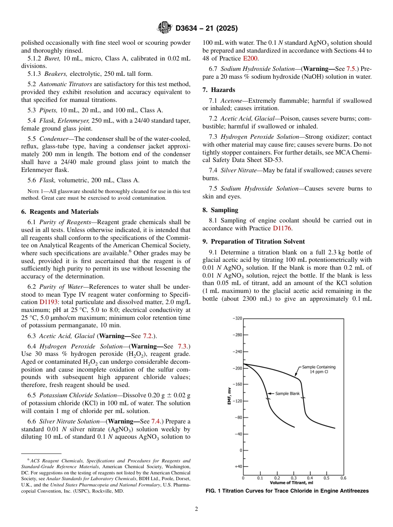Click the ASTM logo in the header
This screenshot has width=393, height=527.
click(x=165, y=28)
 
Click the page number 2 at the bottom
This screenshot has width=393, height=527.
click(x=196, y=509)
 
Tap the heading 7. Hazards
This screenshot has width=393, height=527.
click(x=219, y=90)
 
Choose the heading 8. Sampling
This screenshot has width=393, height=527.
click(x=220, y=210)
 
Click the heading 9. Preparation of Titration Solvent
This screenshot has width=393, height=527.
click(x=254, y=241)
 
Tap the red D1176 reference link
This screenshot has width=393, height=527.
click(x=281, y=228)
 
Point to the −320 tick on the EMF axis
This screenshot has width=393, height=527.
click(x=236, y=319)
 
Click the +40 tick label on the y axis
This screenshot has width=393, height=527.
click(x=237, y=466)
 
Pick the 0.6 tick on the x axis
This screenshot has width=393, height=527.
click(x=343, y=478)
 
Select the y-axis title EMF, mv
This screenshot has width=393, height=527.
click(x=229, y=396)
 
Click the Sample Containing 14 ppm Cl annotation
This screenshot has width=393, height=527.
click(x=319, y=369)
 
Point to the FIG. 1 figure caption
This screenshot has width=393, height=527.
click(x=287, y=491)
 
